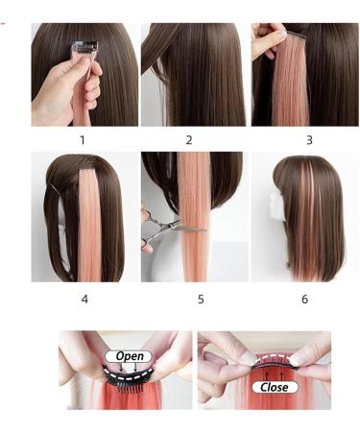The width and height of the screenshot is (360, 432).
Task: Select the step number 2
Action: pos(189,140)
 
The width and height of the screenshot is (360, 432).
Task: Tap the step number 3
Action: pos(308,140)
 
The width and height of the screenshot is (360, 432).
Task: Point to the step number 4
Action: pos(84,299)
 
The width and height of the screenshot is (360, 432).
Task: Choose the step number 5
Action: pos(201,299)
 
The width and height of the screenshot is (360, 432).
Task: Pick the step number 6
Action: pos(304,299)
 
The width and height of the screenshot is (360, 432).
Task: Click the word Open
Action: pos(130,356)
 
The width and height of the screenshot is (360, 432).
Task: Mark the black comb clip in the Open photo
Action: pos(128,376)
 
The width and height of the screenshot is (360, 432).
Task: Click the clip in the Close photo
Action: pos(275,366)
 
